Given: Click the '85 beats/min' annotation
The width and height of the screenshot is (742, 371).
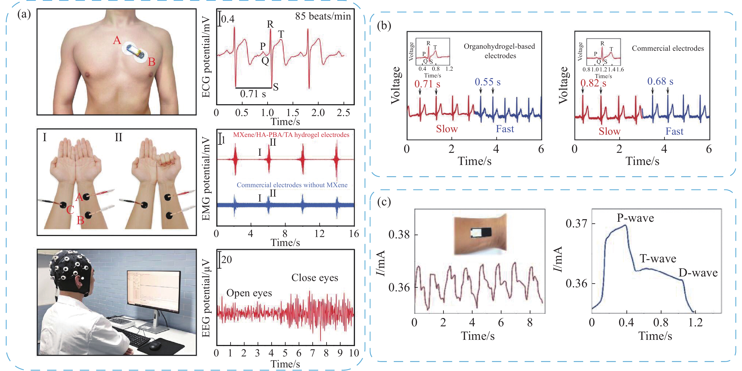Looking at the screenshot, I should pos(323,16).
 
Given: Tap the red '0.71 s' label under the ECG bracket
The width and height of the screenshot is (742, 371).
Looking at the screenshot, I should pos(427,84).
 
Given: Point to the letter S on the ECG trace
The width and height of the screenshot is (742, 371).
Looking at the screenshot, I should pos(276,87).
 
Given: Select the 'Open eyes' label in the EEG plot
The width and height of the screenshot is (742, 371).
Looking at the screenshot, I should pos(249,293).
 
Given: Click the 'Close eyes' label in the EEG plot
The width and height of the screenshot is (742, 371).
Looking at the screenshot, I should pos(315,278).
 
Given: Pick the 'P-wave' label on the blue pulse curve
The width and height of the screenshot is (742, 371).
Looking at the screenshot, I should pos(635,218).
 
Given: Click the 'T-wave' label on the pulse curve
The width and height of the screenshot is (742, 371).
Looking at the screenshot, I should pos(658,259).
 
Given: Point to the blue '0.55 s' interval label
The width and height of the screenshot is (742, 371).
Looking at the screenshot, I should pos(487,82).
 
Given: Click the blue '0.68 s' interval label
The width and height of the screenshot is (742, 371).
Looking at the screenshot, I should pos(660,81).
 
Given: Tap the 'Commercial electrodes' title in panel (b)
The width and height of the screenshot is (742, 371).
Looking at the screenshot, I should pos(668,48).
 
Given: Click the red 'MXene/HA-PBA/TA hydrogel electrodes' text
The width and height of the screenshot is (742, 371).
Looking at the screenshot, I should pos(291,135).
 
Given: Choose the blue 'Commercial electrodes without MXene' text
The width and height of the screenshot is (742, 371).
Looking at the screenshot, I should pos(292,185).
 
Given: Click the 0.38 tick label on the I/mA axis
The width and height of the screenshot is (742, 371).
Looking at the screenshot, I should pos(399,235).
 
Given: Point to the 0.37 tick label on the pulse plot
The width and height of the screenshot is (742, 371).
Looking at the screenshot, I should pos(576,224).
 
